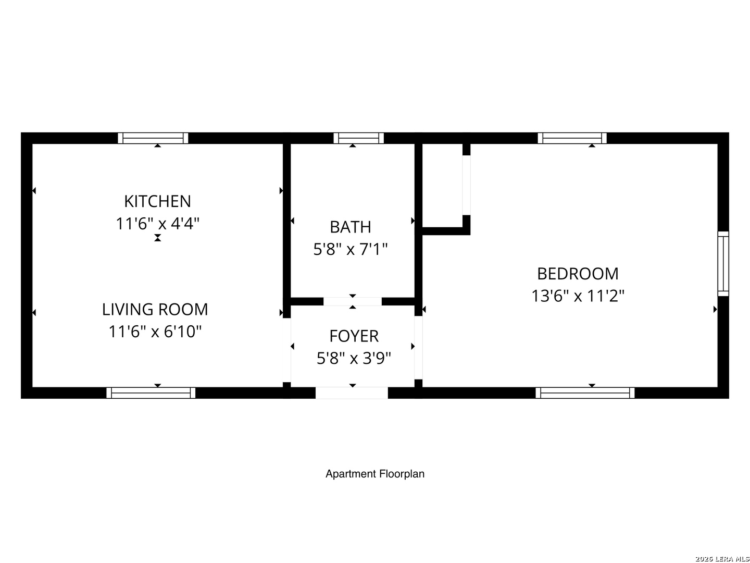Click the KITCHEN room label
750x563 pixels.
click(x=157, y=201)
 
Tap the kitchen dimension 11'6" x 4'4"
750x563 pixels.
click(x=157, y=224)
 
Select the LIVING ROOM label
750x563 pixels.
click(x=155, y=309)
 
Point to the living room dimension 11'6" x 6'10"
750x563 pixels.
click(x=155, y=332)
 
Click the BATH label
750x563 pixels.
click(x=351, y=227)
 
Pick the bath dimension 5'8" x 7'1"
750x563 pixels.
click(x=351, y=250)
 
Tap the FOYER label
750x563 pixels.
click(x=354, y=336)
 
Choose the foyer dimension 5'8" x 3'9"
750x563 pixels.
click(x=354, y=359)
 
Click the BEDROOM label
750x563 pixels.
click(x=578, y=274)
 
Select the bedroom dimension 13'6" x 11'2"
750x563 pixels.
click(x=578, y=296)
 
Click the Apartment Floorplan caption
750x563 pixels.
click(x=375, y=474)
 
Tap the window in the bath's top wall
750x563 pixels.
click(x=358, y=138)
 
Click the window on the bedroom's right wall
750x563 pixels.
click(x=723, y=264)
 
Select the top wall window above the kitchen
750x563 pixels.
click(x=153, y=138)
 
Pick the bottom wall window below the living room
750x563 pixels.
click(x=151, y=393)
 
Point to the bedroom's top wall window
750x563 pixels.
click(x=572, y=138)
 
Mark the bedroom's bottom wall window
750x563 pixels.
click(x=585, y=393)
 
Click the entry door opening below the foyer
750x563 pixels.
click(x=352, y=393)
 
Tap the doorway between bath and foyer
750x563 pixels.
click(x=353, y=301)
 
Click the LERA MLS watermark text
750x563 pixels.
click(x=722, y=558)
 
